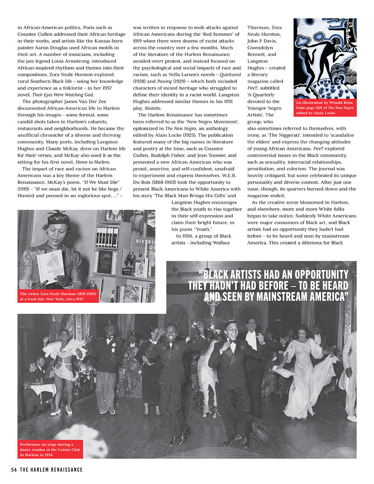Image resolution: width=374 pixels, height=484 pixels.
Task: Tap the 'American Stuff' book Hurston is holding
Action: click(51, 266)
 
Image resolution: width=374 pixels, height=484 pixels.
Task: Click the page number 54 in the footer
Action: click(14, 470)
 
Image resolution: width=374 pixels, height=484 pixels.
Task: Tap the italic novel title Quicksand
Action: click(230, 74)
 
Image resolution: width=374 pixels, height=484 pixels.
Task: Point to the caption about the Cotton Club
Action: click(50, 450)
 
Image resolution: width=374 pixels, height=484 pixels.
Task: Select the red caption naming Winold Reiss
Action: click(325, 108)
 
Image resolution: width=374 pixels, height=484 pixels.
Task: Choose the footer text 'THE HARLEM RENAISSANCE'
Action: click(51, 470)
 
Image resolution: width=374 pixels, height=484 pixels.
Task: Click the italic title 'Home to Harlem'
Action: click(92, 162)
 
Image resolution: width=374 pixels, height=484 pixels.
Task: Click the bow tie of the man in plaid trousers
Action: click(110, 338)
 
